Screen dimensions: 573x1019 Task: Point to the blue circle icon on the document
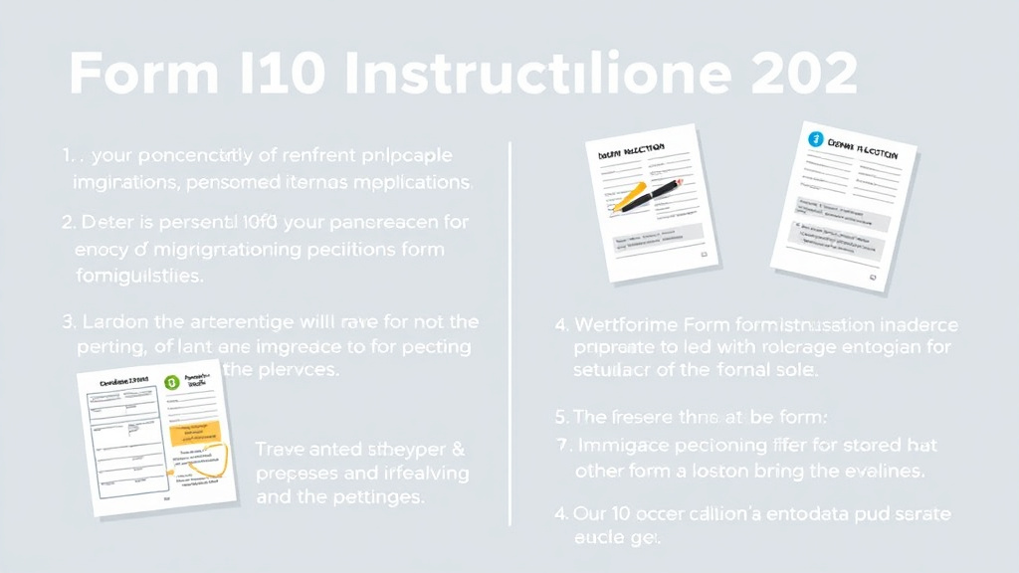[817, 139]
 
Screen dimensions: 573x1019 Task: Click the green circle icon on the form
[171, 381]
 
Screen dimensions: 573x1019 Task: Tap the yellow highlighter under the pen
[627, 199]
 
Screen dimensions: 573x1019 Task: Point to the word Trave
[284, 449]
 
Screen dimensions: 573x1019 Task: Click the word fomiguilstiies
[138, 276]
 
